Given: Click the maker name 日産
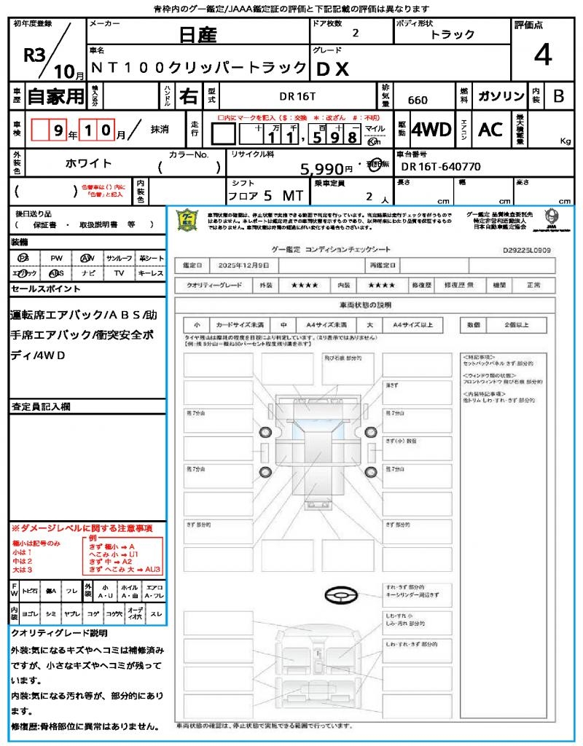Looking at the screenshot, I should point(197,34).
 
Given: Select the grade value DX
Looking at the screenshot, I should point(332,69).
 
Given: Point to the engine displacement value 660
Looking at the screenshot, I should point(418,101).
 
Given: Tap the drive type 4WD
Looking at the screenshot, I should point(431,130).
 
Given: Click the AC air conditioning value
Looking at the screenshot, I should point(490,130).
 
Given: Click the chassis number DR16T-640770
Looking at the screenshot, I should point(441,167).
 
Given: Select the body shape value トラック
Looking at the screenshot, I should point(453,35).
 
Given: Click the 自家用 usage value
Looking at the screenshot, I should point(56,96).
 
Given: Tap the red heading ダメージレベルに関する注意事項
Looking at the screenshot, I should point(82,527).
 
